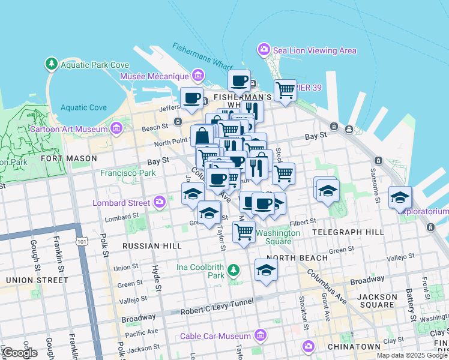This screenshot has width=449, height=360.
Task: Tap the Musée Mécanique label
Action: pos(154,76)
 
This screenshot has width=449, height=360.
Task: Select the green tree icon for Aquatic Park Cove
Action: pos(52,64)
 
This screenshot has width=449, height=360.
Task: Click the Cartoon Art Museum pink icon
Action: pos(116,128)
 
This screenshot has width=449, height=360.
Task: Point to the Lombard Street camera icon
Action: pos(159,201)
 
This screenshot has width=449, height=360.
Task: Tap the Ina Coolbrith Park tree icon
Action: pos(234,271)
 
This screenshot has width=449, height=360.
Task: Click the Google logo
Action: pos(20,352)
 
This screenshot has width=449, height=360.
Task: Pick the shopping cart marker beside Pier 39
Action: pos(285,90)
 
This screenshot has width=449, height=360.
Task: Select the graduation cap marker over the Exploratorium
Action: pos(400,197)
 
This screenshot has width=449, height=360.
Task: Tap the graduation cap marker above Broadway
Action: pos(266,269)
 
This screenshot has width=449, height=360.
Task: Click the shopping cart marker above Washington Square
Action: pos(244,230)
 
